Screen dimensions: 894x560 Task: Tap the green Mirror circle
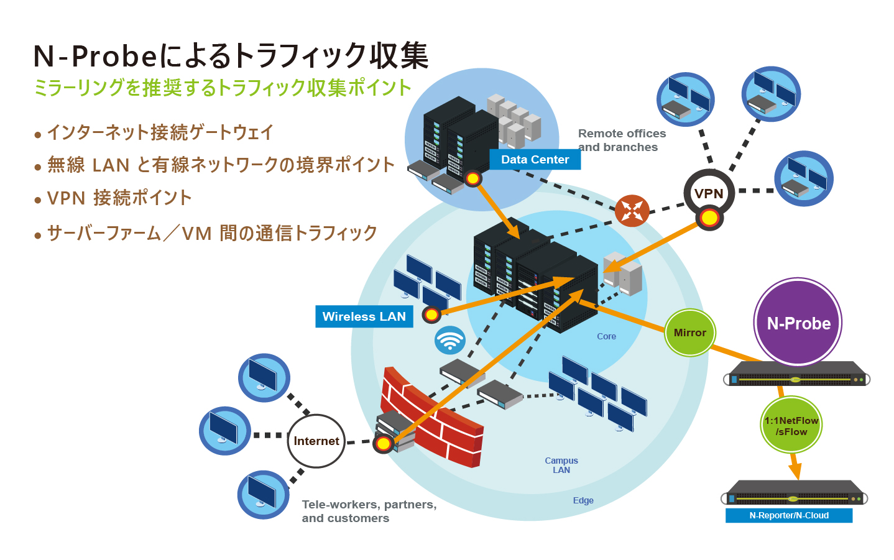pyautogui.click(x=690, y=333)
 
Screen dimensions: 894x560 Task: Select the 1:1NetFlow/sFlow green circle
pyautogui.click(x=791, y=425)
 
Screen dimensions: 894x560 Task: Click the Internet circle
pyautogui.click(x=316, y=441)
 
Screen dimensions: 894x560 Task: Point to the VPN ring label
pyautogui.click(x=709, y=193)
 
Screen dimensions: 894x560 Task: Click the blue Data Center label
pyautogui.click(x=535, y=160)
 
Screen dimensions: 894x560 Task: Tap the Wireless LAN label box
pyautogui.click(x=364, y=316)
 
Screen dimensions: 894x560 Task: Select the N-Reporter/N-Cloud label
pyautogui.click(x=789, y=515)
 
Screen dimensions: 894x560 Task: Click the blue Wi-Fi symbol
pyautogui.click(x=449, y=340)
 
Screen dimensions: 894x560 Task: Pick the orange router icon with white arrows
pyautogui.click(x=632, y=211)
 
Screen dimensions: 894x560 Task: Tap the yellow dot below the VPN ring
pyautogui.click(x=709, y=218)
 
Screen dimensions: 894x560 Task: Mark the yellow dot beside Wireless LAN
pyautogui.click(x=431, y=315)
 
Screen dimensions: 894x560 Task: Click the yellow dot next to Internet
pyautogui.click(x=384, y=444)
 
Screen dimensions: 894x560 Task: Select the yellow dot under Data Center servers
pyautogui.click(x=473, y=178)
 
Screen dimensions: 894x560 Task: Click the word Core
pyautogui.click(x=606, y=336)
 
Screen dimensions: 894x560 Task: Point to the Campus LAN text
pyautogui.click(x=561, y=465)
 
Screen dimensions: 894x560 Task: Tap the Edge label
pyautogui.click(x=583, y=500)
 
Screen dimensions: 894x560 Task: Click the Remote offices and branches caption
pyautogui.click(x=622, y=140)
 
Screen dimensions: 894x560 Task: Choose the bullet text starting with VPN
pyautogui.click(x=119, y=198)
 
